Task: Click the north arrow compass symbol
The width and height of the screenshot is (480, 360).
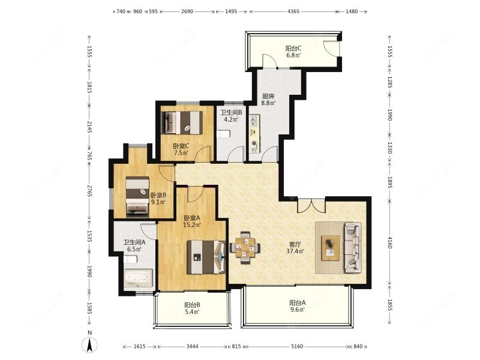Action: click(89, 345)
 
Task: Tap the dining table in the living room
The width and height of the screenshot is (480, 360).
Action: click(245, 248)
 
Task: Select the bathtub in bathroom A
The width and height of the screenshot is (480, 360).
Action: click(138, 278)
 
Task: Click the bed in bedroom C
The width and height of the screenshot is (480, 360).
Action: click(182, 122)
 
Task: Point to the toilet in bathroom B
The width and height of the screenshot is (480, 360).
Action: click(223, 134)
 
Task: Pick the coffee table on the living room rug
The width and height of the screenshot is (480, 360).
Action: click(331, 248)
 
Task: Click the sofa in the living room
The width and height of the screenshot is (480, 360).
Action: click(353, 247)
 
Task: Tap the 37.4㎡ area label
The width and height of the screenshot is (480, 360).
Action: click(295, 251)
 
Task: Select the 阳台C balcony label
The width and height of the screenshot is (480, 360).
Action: click(293, 49)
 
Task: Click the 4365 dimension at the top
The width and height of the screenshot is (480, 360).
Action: click(293, 11)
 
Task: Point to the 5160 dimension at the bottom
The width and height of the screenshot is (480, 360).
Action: click(297, 346)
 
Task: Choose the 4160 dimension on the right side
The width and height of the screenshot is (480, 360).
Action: click(389, 242)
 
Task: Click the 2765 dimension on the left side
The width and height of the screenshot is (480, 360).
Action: click(89, 190)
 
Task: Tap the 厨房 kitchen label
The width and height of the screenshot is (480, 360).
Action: click(268, 96)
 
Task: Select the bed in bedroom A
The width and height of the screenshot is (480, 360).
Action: click(206, 257)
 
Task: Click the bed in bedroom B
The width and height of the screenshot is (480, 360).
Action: click(137, 197)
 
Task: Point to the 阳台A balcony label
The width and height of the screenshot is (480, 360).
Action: click(298, 303)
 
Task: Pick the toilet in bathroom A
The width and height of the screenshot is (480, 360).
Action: click(130, 260)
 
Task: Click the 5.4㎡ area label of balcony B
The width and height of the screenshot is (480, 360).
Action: click(192, 311)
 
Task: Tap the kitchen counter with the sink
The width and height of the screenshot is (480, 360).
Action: click(254, 134)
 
